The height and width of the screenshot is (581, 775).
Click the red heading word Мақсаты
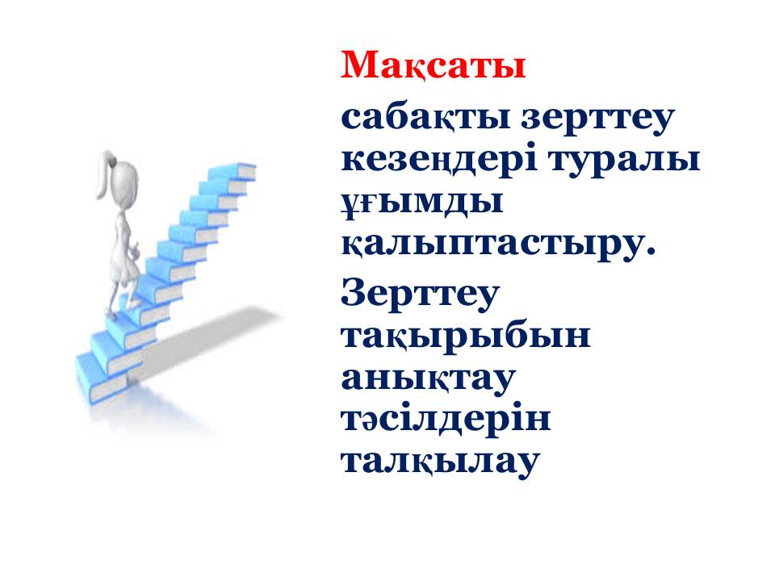pos(433,65)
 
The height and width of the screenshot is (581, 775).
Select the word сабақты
pos(425,119)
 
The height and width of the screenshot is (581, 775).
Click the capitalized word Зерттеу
pos(420,294)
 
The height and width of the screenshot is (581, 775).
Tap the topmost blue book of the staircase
pos(233,172)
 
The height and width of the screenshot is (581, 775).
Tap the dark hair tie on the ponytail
pos(113,161)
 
